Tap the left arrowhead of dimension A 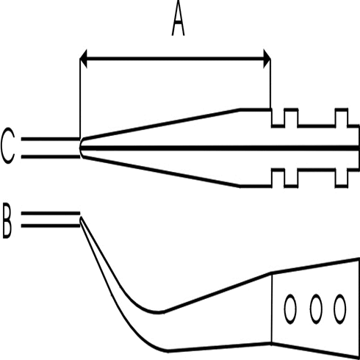(x=83, y=59)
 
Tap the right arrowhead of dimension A (x=267, y=59)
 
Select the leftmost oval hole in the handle (x=290, y=309)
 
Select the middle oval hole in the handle (x=316, y=309)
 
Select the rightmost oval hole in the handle (x=340, y=309)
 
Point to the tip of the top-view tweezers (x=80, y=148)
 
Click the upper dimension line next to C (x=51, y=139)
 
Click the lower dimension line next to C (x=51, y=156)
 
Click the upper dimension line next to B (x=51, y=214)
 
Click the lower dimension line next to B (x=51, y=226)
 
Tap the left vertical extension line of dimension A (x=80, y=98)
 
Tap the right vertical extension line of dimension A (x=270, y=83)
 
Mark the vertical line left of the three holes (x=272, y=309)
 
